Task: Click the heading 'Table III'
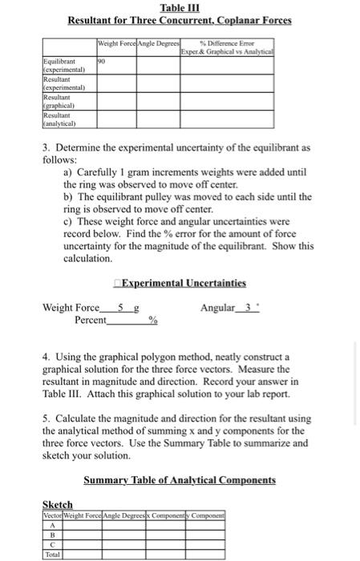[180, 8]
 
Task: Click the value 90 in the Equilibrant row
[101, 59]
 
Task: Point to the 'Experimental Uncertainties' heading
[180, 283]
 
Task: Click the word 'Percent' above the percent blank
[90, 319]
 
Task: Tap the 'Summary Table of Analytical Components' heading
[180, 480]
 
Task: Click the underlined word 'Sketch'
[57, 504]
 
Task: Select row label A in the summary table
[51, 523]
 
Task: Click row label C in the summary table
[51, 543]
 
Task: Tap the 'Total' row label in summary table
[51, 553]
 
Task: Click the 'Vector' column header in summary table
[52, 513]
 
